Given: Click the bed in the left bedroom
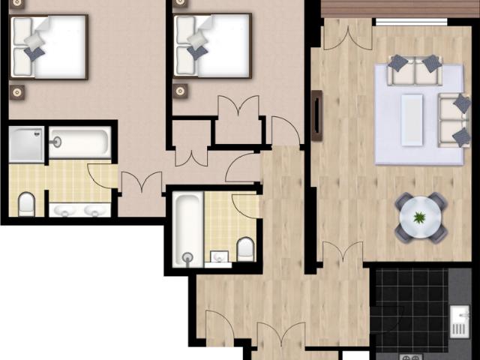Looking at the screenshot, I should (49, 46).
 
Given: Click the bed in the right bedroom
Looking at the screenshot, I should (211, 45).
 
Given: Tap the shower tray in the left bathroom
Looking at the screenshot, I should (26, 143).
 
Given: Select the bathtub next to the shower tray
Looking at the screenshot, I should (79, 142).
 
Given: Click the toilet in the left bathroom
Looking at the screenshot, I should (26, 203).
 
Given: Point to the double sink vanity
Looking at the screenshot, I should (79, 209).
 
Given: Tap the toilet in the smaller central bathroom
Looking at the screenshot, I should (244, 247).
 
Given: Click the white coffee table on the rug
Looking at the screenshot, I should (412, 118).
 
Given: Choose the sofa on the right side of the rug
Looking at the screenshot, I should (453, 118).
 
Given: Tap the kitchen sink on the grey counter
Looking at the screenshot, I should (459, 321).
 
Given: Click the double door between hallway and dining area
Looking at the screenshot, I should (343, 252).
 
